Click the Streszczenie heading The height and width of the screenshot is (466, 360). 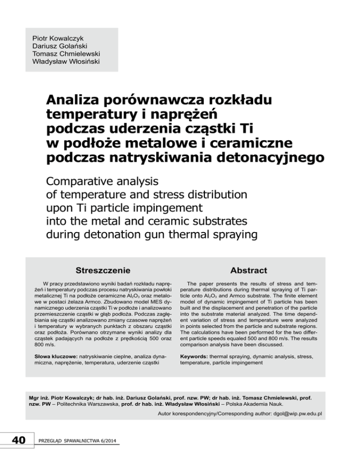click(104, 271)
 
